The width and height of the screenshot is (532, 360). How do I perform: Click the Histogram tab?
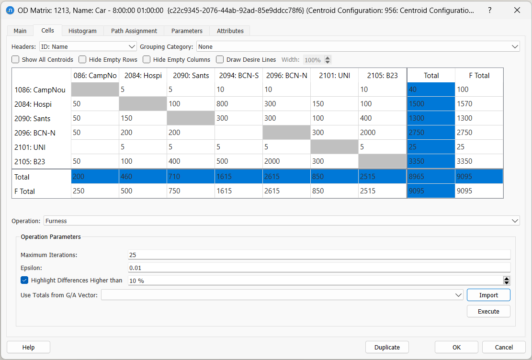pos(82,31)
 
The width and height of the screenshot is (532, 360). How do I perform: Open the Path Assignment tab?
pos(134,31)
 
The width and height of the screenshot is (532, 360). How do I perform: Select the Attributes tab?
pos(230,31)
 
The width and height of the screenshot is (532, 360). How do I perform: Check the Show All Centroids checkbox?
pos(16,60)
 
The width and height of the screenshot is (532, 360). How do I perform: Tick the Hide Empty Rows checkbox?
pos(83,60)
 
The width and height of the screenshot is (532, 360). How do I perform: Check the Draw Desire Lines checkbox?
pos(220,60)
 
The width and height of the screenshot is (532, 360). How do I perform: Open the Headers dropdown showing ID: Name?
pos(88,47)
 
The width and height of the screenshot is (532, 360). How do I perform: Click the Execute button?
pos(488,311)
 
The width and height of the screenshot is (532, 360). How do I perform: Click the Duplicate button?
pos(387,347)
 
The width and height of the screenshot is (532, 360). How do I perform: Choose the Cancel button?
pos(504,347)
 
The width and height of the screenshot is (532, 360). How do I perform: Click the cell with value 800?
pos(238,104)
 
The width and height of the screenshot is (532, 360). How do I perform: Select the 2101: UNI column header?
pos(334,75)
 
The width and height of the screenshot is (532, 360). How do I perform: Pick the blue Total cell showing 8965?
pos(431,177)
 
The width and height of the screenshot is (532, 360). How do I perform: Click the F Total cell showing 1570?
pos(479,104)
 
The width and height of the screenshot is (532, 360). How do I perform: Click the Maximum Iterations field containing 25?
pos(319,255)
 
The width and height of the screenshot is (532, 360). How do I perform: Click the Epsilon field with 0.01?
pos(319,268)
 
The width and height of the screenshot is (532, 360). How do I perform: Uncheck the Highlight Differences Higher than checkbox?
pos(25,280)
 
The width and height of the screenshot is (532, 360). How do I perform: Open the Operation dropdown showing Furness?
pos(282,221)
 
